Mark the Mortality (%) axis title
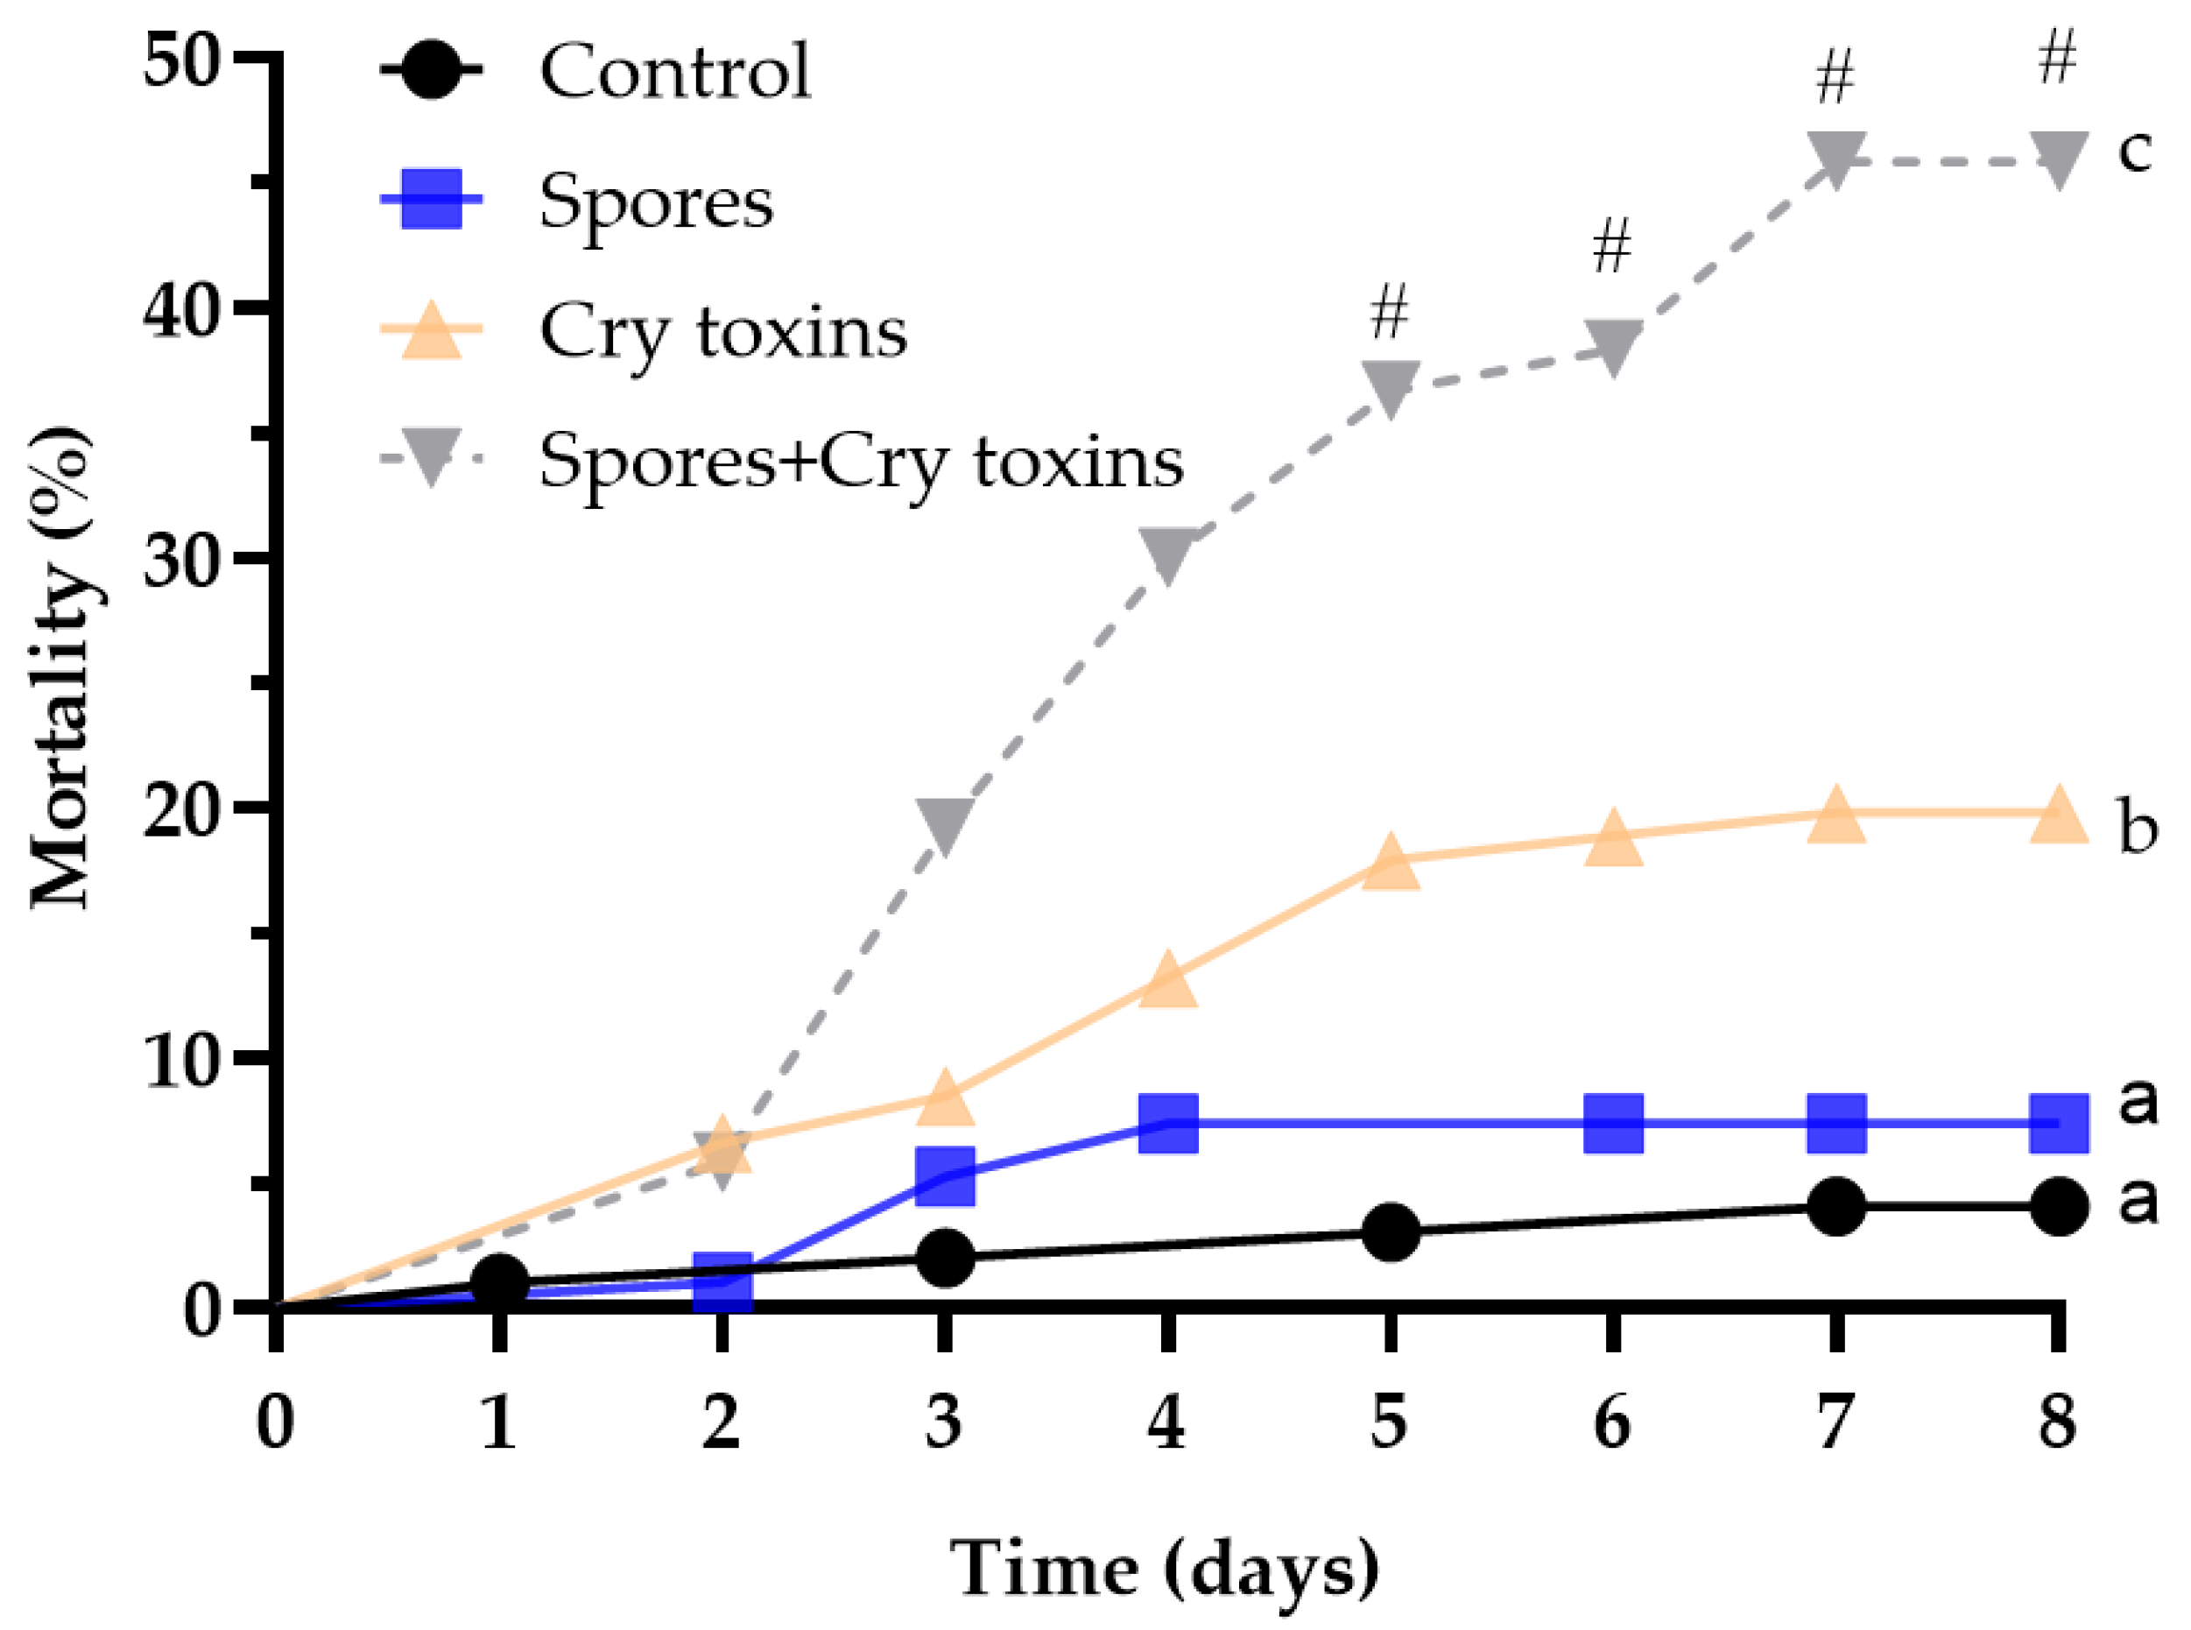(61, 668)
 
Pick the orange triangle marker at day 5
(1391, 860)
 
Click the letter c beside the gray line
(2135, 150)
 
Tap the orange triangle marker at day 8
(2059, 817)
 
